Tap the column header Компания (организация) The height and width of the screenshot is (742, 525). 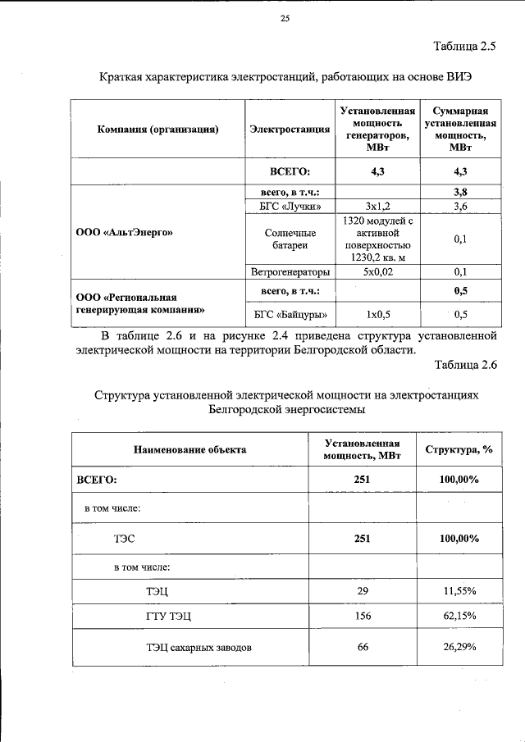[x=157, y=130]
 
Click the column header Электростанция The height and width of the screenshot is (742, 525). [x=290, y=130]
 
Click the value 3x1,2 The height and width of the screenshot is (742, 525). [x=377, y=207]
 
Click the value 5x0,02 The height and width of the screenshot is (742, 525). [x=377, y=271]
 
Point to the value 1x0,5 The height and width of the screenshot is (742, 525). [x=377, y=314]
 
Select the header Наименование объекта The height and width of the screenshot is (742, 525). [x=190, y=449]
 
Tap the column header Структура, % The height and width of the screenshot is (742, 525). [x=459, y=449]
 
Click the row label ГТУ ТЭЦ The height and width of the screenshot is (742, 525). [x=168, y=617]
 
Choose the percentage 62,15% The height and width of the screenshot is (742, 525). [x=459, y=616]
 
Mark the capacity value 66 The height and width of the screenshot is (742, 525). [x=363, y=647]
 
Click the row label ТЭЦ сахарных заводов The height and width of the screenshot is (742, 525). [x=199, y=648]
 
